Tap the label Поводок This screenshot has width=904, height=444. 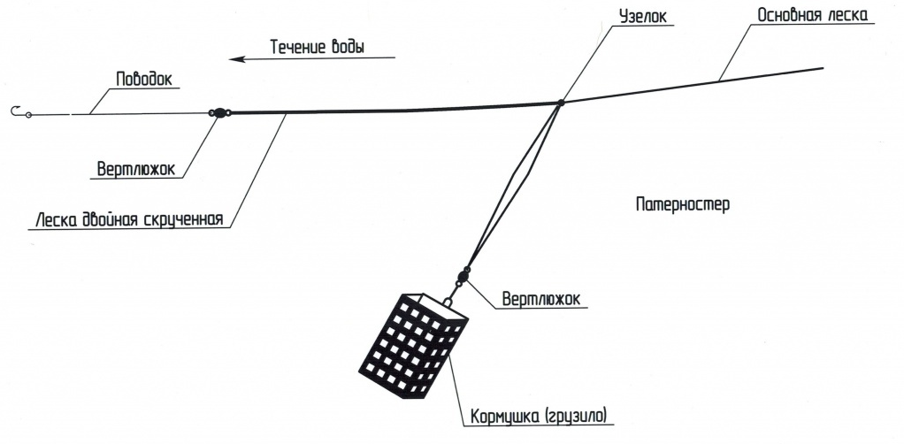(x=144, y=79)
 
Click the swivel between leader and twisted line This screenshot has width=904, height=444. (x=219, y=113)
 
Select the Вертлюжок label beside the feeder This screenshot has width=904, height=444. (x=541, y=299)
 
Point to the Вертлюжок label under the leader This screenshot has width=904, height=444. (x=136, y=169)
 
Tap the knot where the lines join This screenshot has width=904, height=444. (x=561, y=103)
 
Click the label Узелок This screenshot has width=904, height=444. (x=643, y=16)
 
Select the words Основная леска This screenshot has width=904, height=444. (x=812, y=15)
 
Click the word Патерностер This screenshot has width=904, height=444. (x=683, y=204)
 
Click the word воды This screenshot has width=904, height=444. (x=349, y=47)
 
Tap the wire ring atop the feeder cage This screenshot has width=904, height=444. (x=448, y=301)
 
